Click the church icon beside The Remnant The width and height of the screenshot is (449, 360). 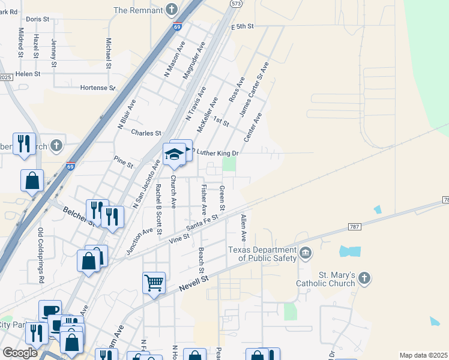click(x=172, y=10)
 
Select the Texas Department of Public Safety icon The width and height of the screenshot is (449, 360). click(x=306, y=253)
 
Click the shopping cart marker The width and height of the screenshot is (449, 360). click(x=154, y=281)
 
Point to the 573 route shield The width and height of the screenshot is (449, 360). click(x=236, y=4)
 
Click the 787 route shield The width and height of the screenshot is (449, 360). click(x=355, y=226)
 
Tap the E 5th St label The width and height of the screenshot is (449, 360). click(x=243, y=26)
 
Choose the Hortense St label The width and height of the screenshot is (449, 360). click(x=97, y=88)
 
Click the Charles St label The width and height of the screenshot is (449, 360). click(x=146, y=133)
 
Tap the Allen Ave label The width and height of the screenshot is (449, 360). click(x=244, y=229)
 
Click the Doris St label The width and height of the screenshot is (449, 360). click(x=37, y=19)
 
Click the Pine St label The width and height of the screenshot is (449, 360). click(x=123, y=161)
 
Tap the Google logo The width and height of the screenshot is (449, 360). click(x=20, y=353)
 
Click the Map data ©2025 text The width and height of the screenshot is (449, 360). click(x=423, y=355)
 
